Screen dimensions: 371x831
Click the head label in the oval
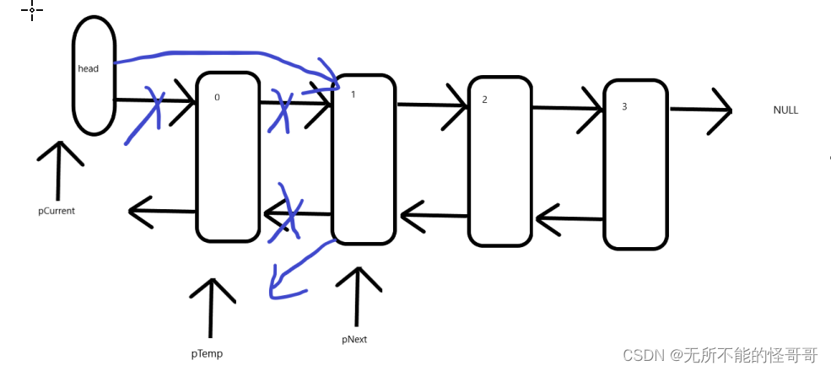point(88,68)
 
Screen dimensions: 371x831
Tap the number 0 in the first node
point(217,98)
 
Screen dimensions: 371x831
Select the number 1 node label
point(353,94)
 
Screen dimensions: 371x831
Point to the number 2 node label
point(484,99)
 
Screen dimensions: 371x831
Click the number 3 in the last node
point(623,107)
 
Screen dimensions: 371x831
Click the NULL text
point(785,110)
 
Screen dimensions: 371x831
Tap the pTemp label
point(207,353)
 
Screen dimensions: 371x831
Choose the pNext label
point(354,340)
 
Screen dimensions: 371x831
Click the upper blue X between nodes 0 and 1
point(280,110)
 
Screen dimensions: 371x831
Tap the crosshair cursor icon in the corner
point(32,10)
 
